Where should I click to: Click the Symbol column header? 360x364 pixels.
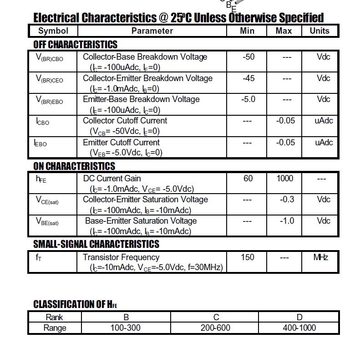53,31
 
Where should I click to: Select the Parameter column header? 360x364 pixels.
152,31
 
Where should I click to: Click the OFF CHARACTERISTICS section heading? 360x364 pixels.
75,45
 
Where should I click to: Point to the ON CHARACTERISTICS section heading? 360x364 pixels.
74,166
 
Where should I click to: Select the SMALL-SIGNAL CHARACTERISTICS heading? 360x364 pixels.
96,244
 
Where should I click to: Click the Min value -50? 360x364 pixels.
248,57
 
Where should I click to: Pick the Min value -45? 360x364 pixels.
248,78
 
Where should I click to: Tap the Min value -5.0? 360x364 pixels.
248,99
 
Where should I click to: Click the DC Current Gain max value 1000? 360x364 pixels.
285,178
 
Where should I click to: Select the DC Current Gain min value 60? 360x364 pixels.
248,178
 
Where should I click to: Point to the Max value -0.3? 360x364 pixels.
287,200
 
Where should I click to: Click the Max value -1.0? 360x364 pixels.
287,221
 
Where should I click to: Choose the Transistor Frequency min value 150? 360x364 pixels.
247,257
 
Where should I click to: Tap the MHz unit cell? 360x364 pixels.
321,257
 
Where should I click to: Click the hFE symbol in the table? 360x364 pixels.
41,179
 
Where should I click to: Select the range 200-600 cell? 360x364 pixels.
215,328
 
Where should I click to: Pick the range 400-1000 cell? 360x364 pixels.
299,328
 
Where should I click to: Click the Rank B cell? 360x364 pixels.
126,318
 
